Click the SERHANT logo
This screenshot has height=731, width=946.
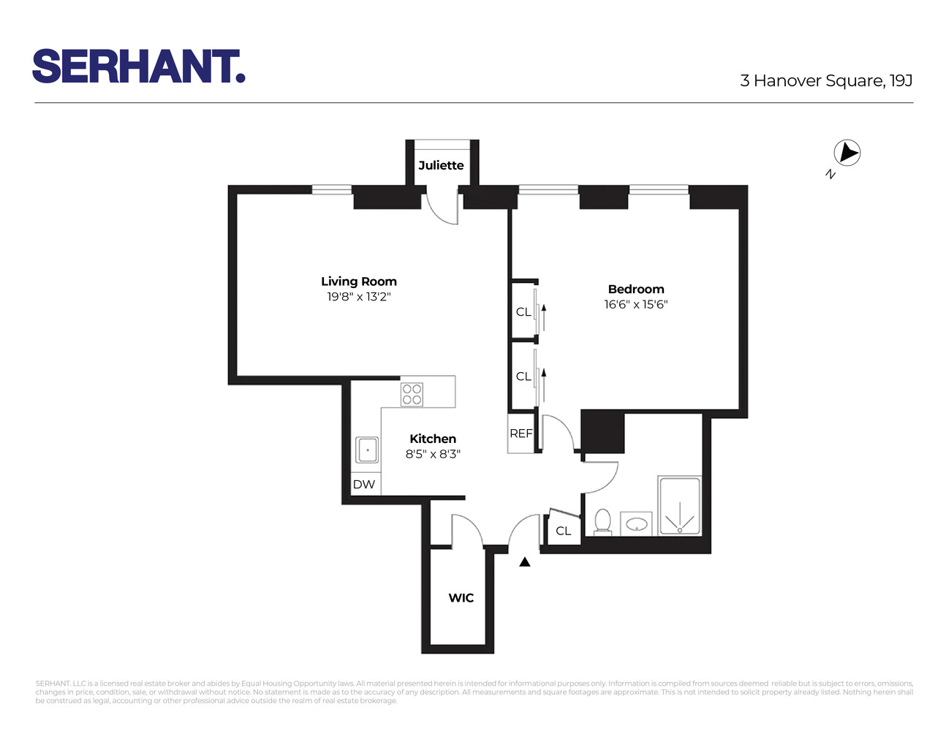click(138, 67)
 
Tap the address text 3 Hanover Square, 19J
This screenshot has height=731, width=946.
click(825, 80)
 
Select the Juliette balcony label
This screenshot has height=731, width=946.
click(441, 165)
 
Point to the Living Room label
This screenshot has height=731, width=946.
click(358, 281)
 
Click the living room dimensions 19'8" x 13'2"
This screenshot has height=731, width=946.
click(358, 297)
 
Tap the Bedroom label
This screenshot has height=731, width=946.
click(636, 289)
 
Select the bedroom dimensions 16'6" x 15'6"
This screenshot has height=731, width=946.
click(636, 304)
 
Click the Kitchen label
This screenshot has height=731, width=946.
click(433, 439)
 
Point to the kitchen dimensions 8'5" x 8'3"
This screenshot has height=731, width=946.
click(433, 454)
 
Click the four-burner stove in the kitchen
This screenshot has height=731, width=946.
click(412, 395)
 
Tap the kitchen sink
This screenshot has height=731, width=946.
click(367, 450)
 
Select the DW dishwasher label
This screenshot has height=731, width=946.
click(364, 484)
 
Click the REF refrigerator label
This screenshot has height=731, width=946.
click(521, 433)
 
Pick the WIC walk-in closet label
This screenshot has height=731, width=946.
click(461, 598)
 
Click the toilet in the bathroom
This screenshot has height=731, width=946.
click(602, 522)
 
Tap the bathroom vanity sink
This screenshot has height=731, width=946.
click(636, 524)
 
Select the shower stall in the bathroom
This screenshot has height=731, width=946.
click(680, 506)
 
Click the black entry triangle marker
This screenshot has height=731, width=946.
click(524, 562)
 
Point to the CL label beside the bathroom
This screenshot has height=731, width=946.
click(563, 531)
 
